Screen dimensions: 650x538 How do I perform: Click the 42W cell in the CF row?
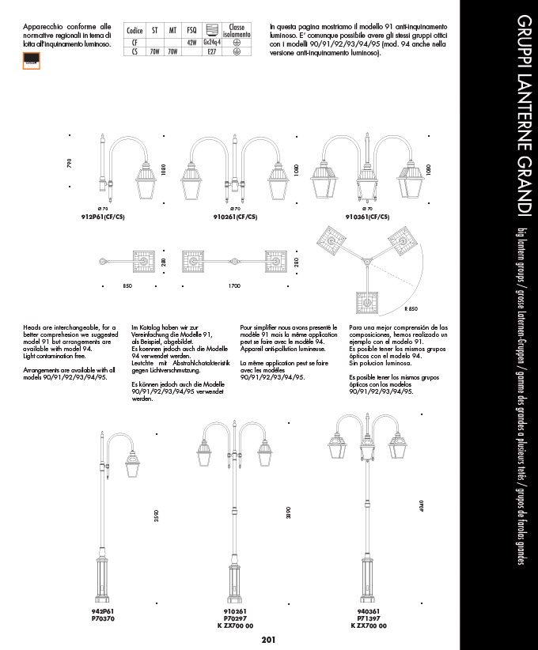(191, 41)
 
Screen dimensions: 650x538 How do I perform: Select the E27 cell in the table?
(211, 51)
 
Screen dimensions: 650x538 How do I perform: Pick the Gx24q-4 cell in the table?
(211, 41)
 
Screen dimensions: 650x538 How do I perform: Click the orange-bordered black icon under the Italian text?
(32, 60)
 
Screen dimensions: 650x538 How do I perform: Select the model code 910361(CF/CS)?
(366, 216)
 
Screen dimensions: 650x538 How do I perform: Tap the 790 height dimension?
(69, 164)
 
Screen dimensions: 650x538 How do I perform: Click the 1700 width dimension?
(234, 285)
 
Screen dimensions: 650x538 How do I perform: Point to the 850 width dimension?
(127, 285)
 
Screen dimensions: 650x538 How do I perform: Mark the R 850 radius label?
(411, 308)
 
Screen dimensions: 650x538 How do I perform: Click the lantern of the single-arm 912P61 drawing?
(148, 179)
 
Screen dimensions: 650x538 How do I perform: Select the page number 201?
(268, 641)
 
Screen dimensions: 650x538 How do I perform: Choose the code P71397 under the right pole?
(366, 618)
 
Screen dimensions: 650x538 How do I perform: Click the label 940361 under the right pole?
(366, 613)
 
